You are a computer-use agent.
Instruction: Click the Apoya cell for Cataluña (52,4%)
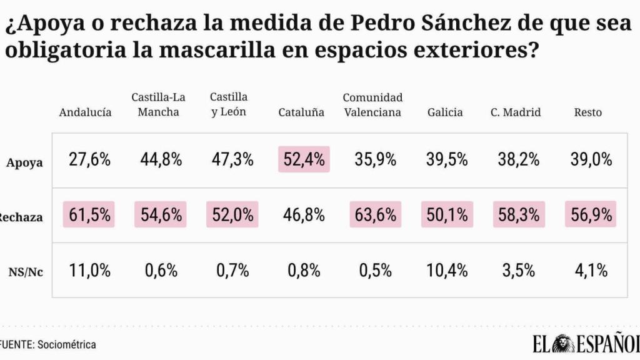pos(304,159)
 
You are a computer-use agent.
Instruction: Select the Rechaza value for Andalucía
pos(89,215)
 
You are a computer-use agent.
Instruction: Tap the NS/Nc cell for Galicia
pos(447,271)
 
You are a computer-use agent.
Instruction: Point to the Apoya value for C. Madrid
pos(518,159)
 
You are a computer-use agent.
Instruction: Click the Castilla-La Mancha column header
pos(158,104)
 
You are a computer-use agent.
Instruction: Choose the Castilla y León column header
pos(229,104)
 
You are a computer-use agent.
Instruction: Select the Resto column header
pos(587,112)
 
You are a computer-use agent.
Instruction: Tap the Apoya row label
pos(24,162)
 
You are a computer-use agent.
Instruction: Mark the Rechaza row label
pos(21,217)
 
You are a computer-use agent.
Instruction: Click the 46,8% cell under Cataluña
pos(304,215)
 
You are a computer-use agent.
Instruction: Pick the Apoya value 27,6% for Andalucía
pos(89,159)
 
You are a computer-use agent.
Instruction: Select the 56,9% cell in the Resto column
pos(590,215)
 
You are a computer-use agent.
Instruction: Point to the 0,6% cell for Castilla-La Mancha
pos(161,271)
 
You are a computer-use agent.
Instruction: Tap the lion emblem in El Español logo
pos(566,344)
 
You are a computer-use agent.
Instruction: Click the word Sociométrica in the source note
pos(67,344)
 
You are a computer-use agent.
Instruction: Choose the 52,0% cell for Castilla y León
pos(232,215)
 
